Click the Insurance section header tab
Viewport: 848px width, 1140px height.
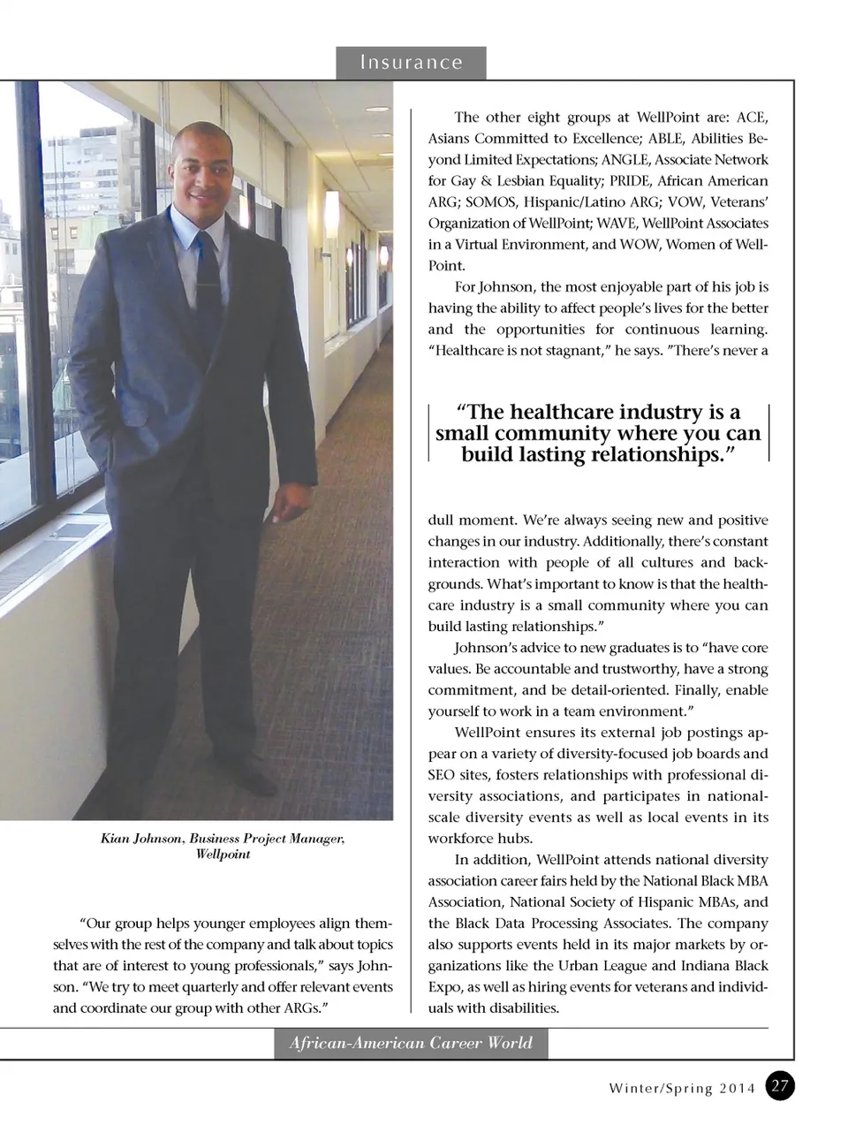point(411,63)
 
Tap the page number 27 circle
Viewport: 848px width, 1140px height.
point(780,1086)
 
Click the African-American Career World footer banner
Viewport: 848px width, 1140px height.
point(411,1043)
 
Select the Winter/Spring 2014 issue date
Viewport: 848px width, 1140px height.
point(682,1088)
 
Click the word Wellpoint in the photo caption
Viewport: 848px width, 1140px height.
point(223,854)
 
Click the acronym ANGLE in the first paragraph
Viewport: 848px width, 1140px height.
point(625,159)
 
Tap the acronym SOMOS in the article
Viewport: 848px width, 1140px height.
point(525,201)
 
